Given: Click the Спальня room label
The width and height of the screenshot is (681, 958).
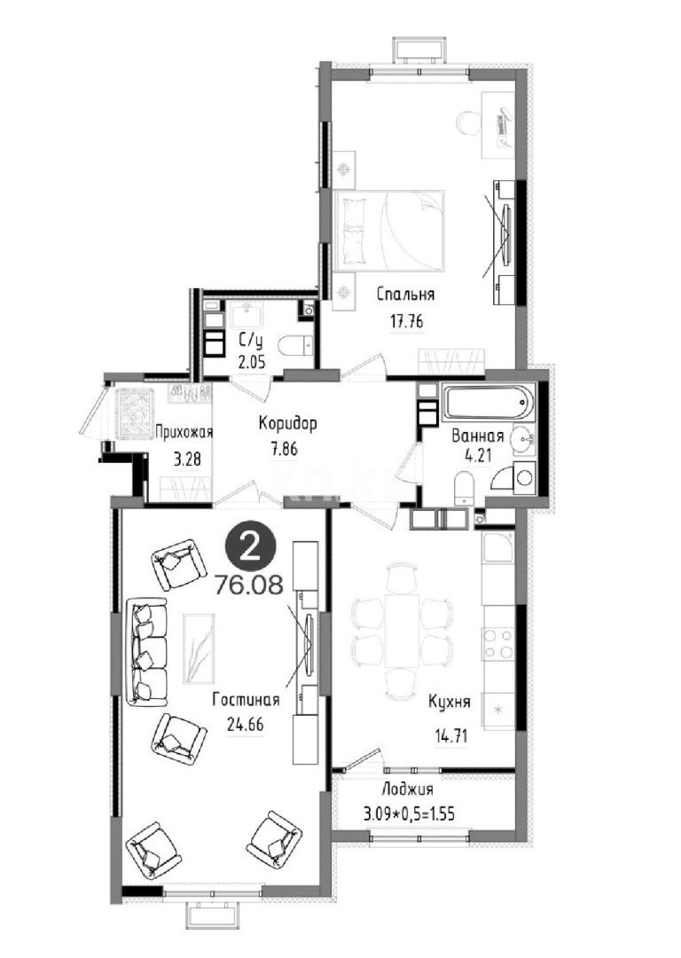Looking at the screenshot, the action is pos(405,294).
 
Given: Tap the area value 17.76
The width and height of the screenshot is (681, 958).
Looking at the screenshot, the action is pos(407,321).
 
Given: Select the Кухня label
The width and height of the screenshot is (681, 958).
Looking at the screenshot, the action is pos(450,702).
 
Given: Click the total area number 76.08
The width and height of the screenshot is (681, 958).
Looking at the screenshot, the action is pos(248,585).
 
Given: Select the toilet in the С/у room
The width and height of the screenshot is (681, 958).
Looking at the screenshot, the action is pos(294,347).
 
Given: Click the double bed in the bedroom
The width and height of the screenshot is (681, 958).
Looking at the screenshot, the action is pos(389,230).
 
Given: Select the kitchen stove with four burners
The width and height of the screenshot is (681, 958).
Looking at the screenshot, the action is pos(497,643).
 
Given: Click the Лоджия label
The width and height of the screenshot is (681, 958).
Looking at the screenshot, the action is pos(407,789).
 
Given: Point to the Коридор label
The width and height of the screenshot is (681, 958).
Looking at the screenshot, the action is pos(287,423).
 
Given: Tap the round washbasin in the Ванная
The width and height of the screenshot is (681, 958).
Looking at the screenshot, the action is pos(522,438).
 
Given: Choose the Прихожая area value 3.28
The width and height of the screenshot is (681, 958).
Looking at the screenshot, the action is pos(187,459).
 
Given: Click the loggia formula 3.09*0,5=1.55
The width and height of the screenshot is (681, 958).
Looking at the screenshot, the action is pos(409,813).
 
